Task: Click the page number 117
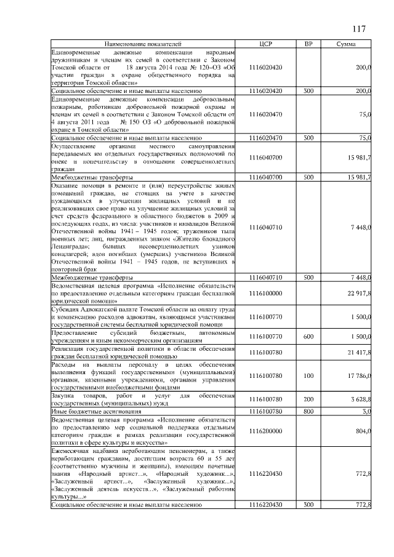click(x=360, y=30)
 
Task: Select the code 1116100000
click(x=267, y=293)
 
